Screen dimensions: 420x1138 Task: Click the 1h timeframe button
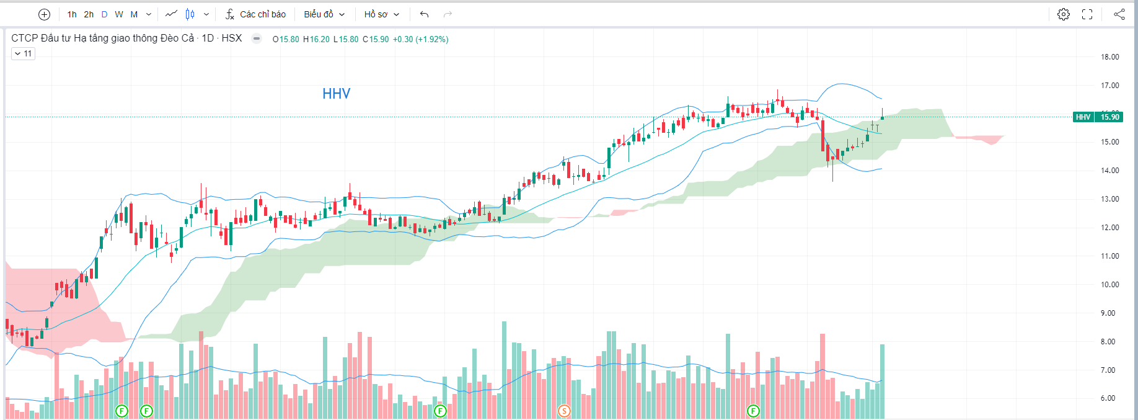tap(72, 14)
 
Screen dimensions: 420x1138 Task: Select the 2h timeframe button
tap(89, 14)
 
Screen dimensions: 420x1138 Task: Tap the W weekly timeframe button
tap(119, 14)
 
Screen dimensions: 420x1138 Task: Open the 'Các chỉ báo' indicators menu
tap(255, 14)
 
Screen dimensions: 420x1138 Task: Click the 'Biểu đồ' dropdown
tap(324, 14)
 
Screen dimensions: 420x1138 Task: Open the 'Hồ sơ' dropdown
tap(381, 14)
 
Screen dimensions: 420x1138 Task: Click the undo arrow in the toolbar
tap(424, 14)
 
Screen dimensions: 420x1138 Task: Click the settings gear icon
tap(1064, 14)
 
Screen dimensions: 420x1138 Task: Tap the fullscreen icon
tap(1087, 14)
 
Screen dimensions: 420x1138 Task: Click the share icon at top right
tap(1119, 14)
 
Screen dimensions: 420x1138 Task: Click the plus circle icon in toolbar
tap(44, 14)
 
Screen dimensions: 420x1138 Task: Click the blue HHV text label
tap(336, 94)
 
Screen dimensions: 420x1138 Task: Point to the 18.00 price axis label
tap(1109, 57)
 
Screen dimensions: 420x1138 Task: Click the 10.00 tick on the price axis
tap(1109, 285)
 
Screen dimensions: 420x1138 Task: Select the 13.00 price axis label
tap(1109, 199)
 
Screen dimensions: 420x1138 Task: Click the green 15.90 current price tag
tap(1109, 117)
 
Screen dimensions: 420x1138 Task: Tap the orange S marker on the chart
tap(564, 411)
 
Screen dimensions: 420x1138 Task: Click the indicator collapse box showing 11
tap(24, 54)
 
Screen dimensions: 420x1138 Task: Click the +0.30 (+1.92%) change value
tap(420, 39)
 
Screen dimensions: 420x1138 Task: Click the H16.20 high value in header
tap(316, 39)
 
